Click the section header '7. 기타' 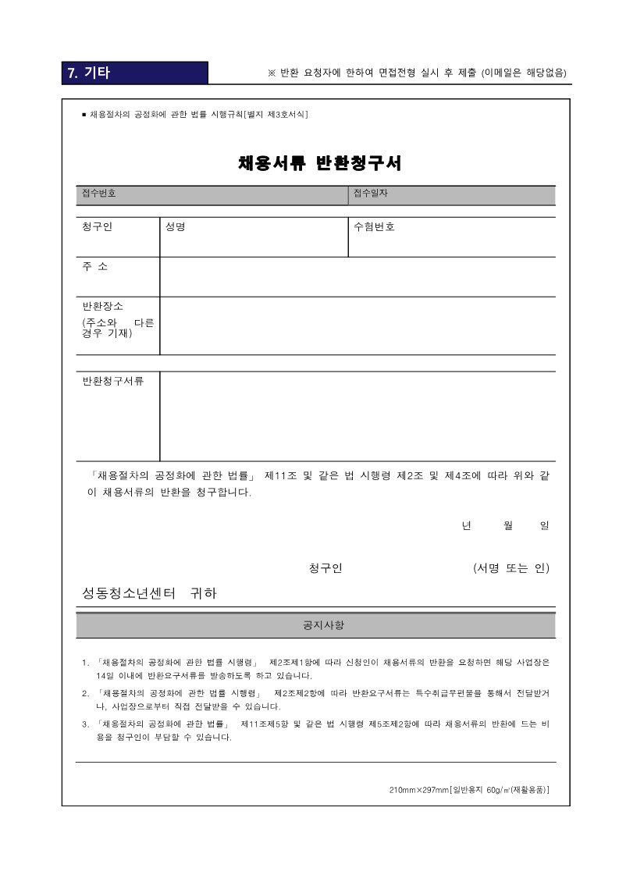88,73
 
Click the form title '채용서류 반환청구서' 320,164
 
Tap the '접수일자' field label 370,193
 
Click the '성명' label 175,227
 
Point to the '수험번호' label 374,227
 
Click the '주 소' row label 95,267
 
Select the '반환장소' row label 102,306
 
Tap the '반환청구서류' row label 113,381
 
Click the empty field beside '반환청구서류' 358,416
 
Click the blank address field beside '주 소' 358,277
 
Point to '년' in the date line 466,526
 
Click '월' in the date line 509,526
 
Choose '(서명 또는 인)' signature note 511,568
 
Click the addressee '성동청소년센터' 129,593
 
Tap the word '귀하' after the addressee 203,593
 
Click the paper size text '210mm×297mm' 418,791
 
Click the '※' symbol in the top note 272,73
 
